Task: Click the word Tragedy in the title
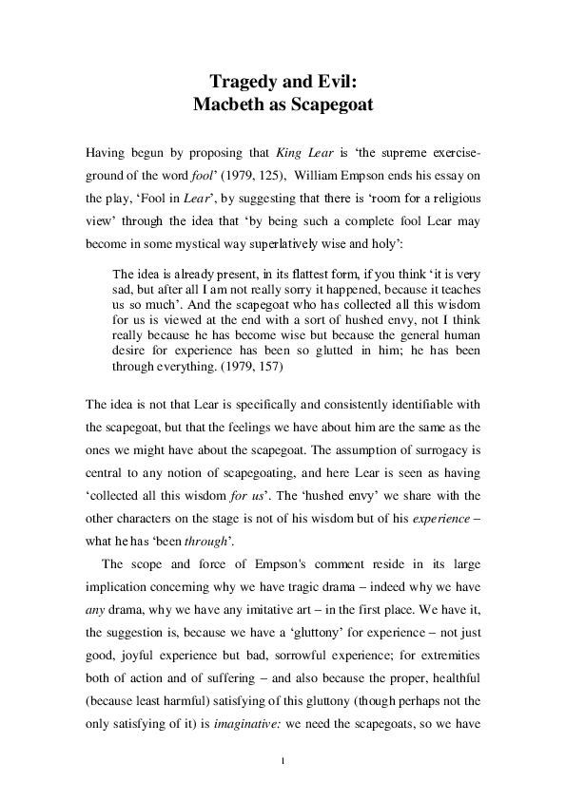tap(240, 82)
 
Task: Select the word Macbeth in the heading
tap(229, 104)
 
